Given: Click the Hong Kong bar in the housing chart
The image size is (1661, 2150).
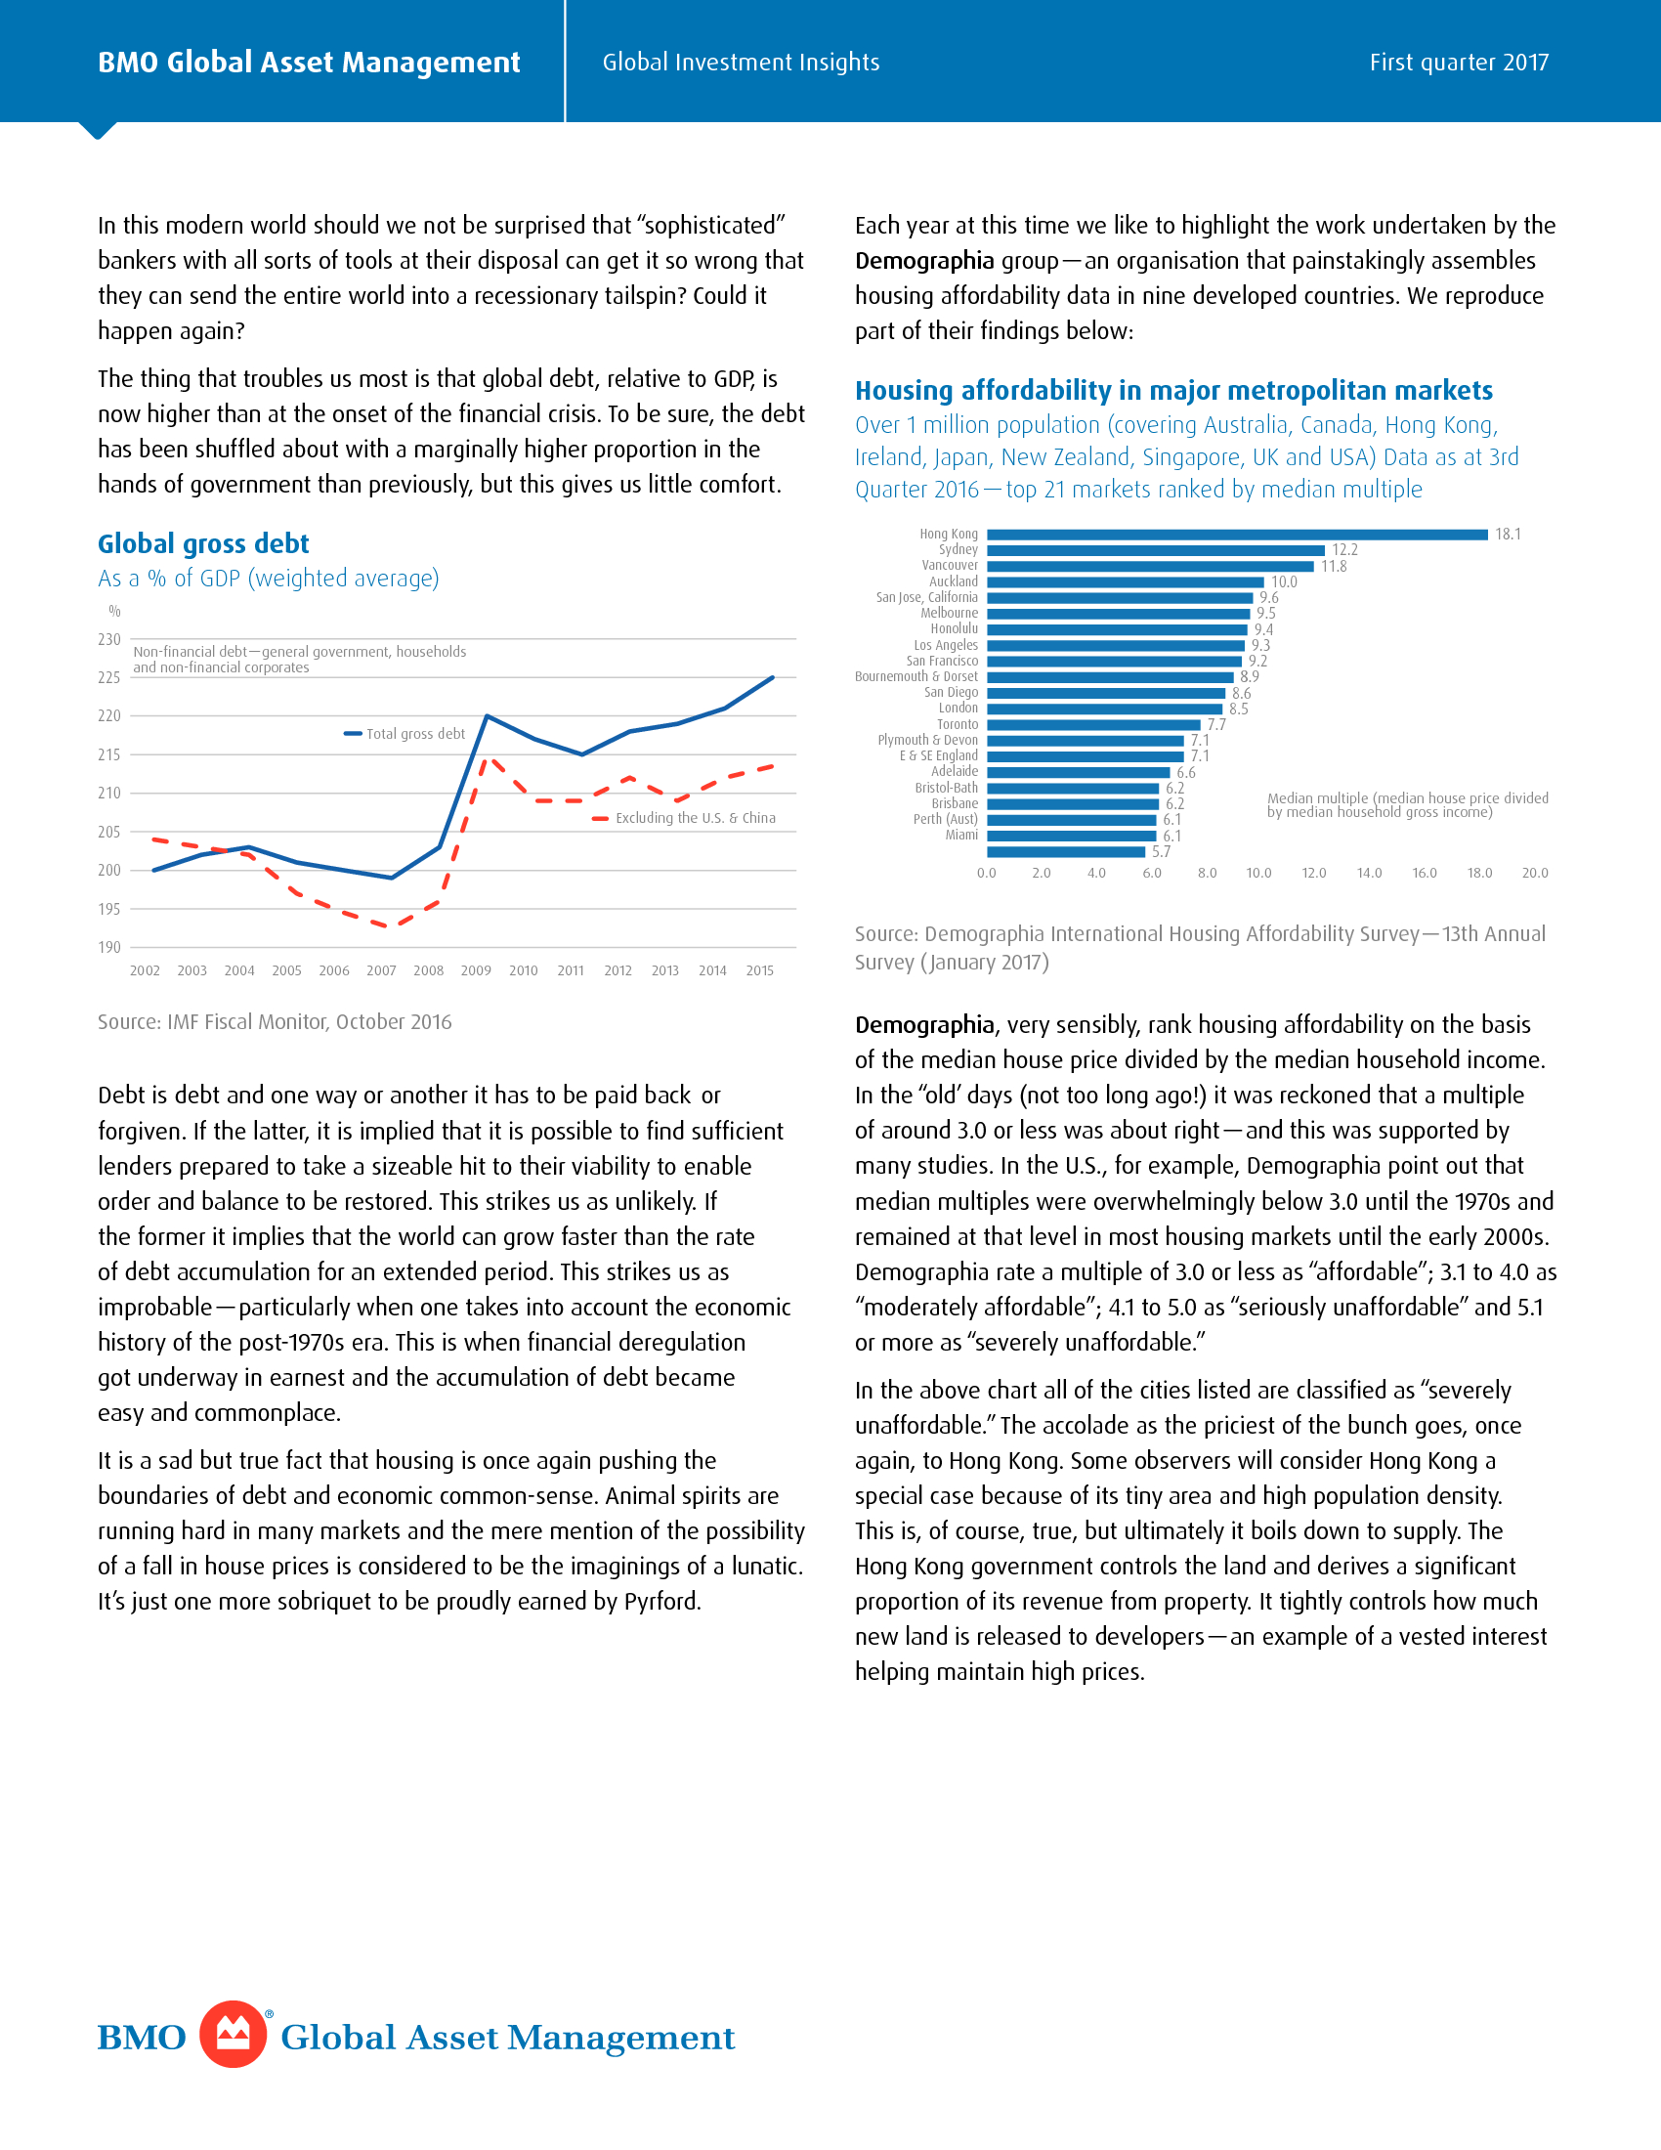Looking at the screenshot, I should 1237,535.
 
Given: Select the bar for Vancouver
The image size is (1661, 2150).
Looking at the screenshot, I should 1149,566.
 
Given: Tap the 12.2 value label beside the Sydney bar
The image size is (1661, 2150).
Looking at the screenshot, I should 1344,550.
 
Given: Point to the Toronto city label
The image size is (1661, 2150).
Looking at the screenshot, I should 957,724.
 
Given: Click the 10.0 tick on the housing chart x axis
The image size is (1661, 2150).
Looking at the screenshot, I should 1258,873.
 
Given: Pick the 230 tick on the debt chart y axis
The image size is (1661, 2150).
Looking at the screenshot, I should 109,640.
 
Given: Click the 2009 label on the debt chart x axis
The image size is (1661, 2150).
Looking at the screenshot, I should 476,970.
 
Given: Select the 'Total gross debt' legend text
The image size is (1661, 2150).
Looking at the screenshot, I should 415,733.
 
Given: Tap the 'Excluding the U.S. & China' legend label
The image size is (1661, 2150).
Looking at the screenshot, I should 695,818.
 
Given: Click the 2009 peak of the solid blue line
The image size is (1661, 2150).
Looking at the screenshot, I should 488,715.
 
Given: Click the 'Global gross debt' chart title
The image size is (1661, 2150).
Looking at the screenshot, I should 203,543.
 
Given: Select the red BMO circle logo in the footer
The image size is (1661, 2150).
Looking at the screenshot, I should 234,2034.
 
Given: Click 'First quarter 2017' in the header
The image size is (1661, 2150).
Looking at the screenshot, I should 1459,62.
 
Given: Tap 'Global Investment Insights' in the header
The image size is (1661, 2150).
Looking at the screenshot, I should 741,62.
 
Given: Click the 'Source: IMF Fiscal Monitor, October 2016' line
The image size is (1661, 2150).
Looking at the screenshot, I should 275,1022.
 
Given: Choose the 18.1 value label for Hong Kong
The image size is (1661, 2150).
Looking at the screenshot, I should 1508,535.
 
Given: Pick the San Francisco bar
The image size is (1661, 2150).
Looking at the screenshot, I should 1114,662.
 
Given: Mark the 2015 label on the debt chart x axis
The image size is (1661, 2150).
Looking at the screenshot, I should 759,970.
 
